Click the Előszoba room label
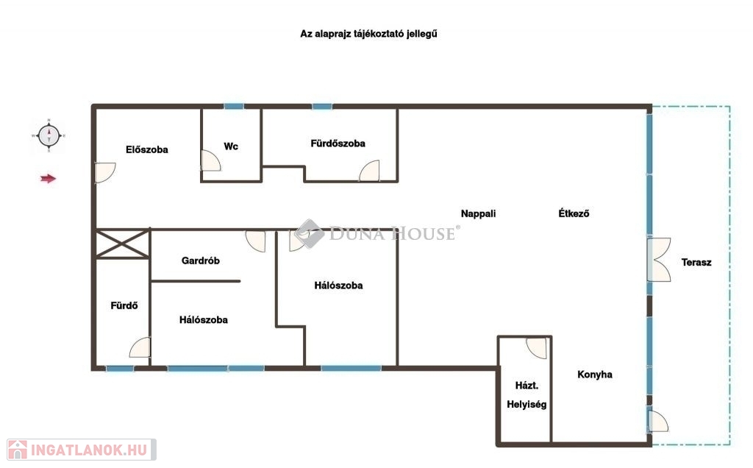[x=147, y=149]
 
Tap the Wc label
[x=231, y=146]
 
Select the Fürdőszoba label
[x=338, y=143]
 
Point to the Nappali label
[x=478, y=213]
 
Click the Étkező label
[x=574, y=213]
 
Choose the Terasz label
[x=696, y=263]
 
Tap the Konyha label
[x=594, y=375]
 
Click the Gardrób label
[x=201, y=260]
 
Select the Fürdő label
[x=124, y=305]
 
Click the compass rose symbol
[x=49, y=135]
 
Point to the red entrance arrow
[x=48, y=179]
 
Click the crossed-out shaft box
[x=122, y=244]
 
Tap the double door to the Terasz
[x=659, y=260]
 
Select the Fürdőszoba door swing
[x=369, y=171]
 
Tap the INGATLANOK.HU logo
[x=82, y=450]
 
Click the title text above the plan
[x=369, y=34]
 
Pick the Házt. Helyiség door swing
[x=536, y=348]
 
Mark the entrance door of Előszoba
[x=105, y=172]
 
